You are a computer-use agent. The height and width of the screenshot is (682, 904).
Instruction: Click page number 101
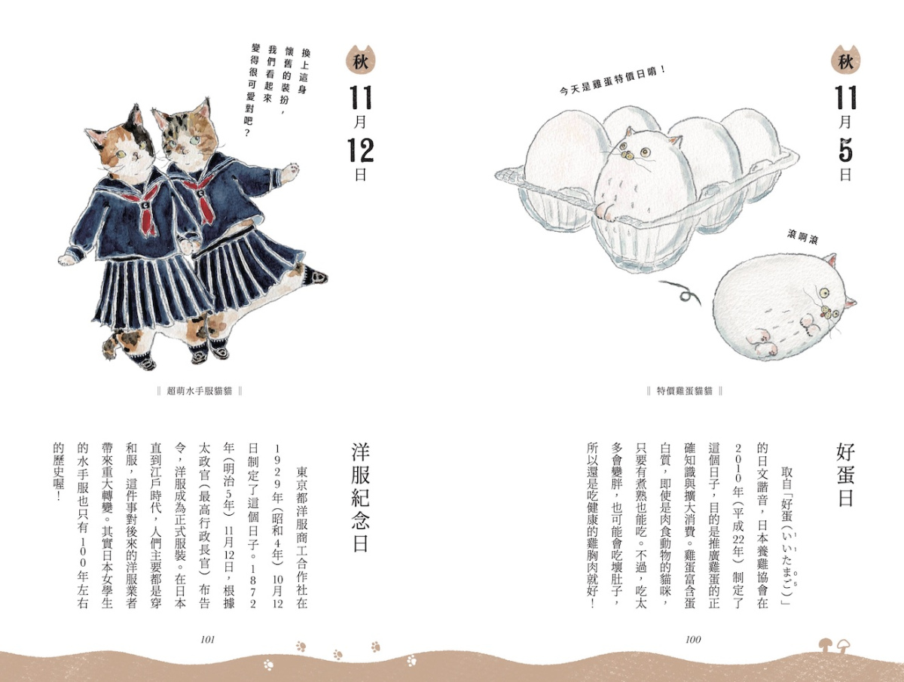[x=208, y=639]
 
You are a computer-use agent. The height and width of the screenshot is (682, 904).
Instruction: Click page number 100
[x=693, y=639]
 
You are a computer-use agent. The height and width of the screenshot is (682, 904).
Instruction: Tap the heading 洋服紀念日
[x=360, y=497]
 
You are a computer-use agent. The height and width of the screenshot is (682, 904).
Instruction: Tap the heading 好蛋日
[x=845, y=475]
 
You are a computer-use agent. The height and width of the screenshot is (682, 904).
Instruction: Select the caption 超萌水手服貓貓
[x=200, y=391]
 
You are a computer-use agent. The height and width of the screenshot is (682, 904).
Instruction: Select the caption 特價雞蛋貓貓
[x=685, y=391]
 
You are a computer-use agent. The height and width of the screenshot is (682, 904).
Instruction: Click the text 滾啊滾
[x=802, y=237]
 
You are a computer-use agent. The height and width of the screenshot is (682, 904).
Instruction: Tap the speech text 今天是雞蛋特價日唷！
[x=613, y=81]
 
